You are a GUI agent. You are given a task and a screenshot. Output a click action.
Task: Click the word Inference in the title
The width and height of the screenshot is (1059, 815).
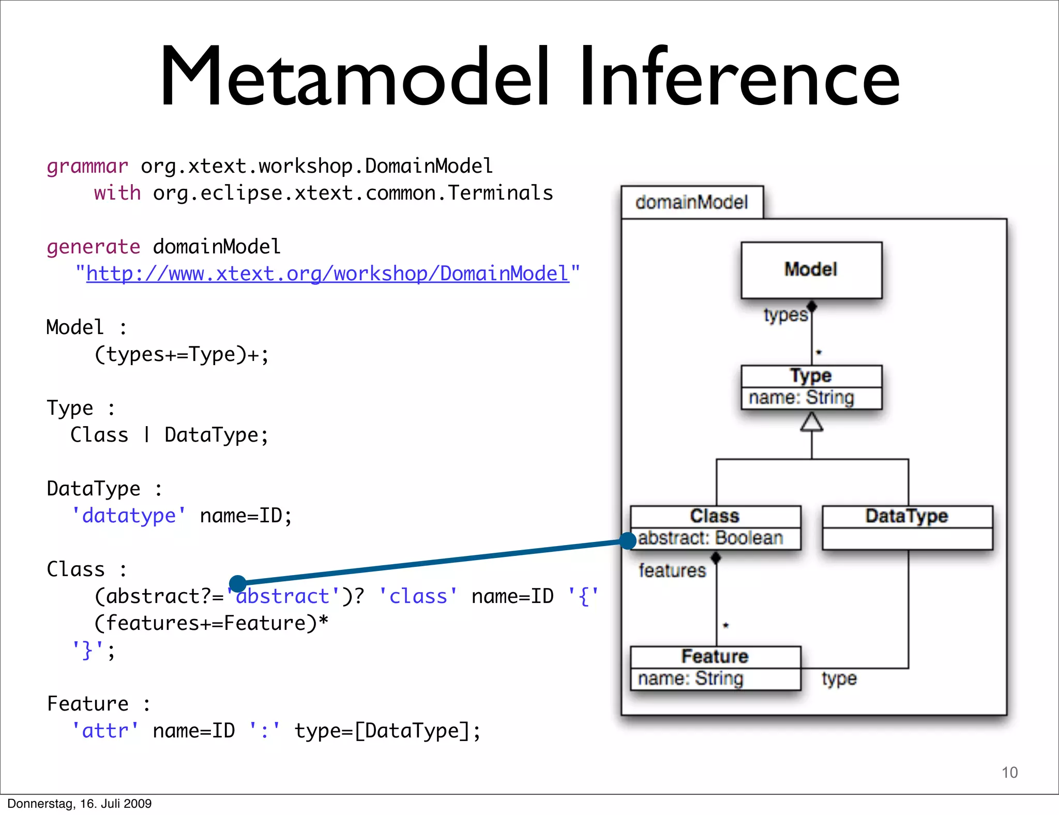(x=739, y=78)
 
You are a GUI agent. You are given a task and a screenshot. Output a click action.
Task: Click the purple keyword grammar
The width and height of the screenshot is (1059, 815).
(x=87, y=167)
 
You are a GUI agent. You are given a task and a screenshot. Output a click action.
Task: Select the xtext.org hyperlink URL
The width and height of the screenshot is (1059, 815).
(x=327, y=274)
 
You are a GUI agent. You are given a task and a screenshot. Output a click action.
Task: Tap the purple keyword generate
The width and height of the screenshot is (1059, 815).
(x=93, y=247)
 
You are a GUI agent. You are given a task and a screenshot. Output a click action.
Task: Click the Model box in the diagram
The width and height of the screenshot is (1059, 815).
(x=811, y=270)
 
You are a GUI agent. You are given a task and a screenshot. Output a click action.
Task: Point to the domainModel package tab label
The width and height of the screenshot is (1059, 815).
(x=691, y=202)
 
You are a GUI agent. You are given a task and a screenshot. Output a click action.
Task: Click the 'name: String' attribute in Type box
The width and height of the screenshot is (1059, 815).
(x=801, y=398)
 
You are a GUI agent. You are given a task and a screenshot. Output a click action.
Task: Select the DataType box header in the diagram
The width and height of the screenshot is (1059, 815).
(x=906, y=516)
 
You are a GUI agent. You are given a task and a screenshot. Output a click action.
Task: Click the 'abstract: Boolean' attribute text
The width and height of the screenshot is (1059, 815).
(x=710, y=538)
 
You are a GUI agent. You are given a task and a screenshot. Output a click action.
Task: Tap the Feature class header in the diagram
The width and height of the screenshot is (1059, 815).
(x=715, y=657)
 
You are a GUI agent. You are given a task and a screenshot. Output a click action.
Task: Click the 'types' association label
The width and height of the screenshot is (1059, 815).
(x=785, y=314)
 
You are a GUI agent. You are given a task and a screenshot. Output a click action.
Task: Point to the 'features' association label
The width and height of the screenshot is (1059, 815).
(x=672, y=570)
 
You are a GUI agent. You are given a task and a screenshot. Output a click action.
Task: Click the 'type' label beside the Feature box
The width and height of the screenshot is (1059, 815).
(x=839, y=678)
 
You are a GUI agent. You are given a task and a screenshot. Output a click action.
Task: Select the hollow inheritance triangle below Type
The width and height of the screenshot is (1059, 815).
(x=811, y=422)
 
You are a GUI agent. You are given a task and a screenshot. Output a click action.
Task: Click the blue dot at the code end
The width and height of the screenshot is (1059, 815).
(x=237, y=583)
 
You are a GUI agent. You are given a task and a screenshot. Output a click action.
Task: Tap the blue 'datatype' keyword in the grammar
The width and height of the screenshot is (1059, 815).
(x=129, y=516)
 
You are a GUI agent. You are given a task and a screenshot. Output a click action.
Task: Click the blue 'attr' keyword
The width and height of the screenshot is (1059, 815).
(x=105, y=731)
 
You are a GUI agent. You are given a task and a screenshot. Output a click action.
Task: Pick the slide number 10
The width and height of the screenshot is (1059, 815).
(x=1009, y=772)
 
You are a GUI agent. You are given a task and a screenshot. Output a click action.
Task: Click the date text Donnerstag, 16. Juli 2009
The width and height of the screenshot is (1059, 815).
(x=79, y=804)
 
